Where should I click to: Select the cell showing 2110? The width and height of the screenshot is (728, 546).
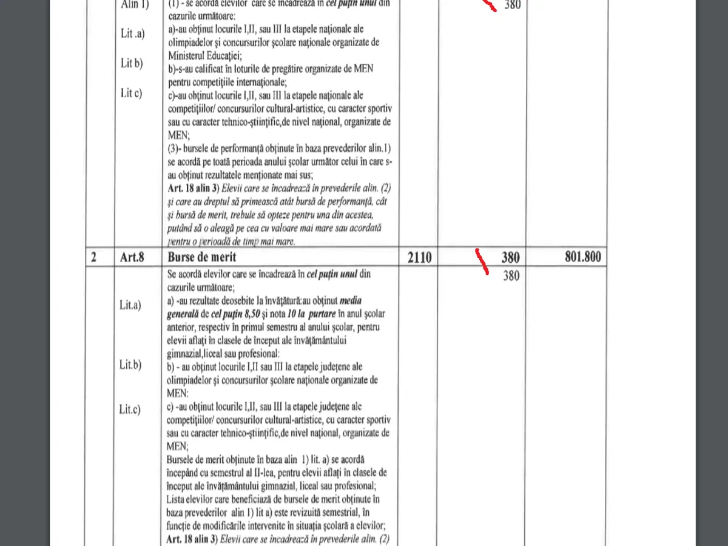pyautogui.click(x=417, y=258)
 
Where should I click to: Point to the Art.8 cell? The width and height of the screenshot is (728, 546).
pyautogui.click(x=131, y=257)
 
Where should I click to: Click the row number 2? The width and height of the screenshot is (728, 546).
pyautogui.click(x=93, y=257)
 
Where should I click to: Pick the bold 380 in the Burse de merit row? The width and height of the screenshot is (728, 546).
pyautogui.click(x=510, y=258)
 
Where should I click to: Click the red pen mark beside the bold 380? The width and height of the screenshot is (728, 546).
pyautogui.click(x=484, y=261)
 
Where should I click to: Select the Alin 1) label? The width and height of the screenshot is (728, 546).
pyautogui.click(x=135, y=5)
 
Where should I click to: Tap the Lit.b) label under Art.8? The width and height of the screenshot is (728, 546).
pyautogui.click(x=130, y=365)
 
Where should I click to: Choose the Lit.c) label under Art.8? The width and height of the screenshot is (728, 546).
pyautogui.click(x=130, y=409)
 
